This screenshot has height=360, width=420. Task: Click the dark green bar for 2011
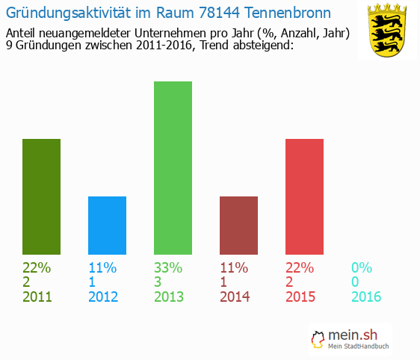(42, 196)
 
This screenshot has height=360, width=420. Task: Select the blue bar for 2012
(107, 225)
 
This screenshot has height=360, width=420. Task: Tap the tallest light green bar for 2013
(173, 167)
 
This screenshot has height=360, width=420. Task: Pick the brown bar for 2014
(238, 225)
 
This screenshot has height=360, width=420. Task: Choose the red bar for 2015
(304, 196)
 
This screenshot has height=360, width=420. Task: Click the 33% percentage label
(169, 267)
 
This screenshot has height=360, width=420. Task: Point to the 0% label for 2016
(362, 267)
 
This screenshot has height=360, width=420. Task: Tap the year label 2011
(37, 297)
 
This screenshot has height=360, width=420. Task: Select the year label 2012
(103, 297)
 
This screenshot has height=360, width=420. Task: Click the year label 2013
(169, 297)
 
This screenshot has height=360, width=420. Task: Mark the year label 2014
(235, 297)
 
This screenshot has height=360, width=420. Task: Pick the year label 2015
(300, 297)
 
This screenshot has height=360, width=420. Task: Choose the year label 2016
(366, 297)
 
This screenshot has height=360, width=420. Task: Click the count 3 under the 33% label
(158, 282)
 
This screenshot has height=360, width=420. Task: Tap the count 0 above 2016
(356, 282)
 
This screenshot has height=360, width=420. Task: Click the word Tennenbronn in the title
(288, 13)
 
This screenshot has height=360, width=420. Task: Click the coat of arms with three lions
(387, 30)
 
